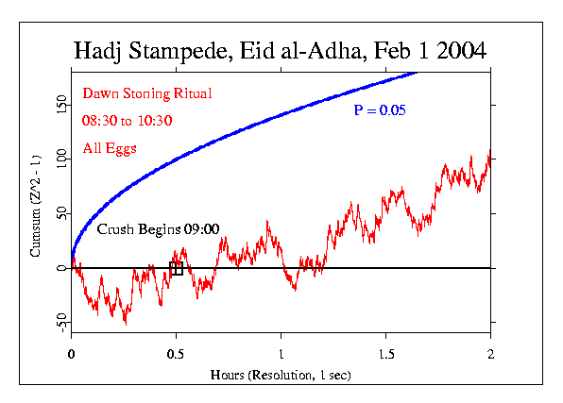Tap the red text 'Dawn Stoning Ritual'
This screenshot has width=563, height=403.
(146, 93)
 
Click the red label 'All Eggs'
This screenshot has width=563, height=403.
(110, 149)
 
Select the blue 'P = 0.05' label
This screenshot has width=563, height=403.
(380, 110)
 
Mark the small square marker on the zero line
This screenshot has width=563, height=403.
(176, 269)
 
